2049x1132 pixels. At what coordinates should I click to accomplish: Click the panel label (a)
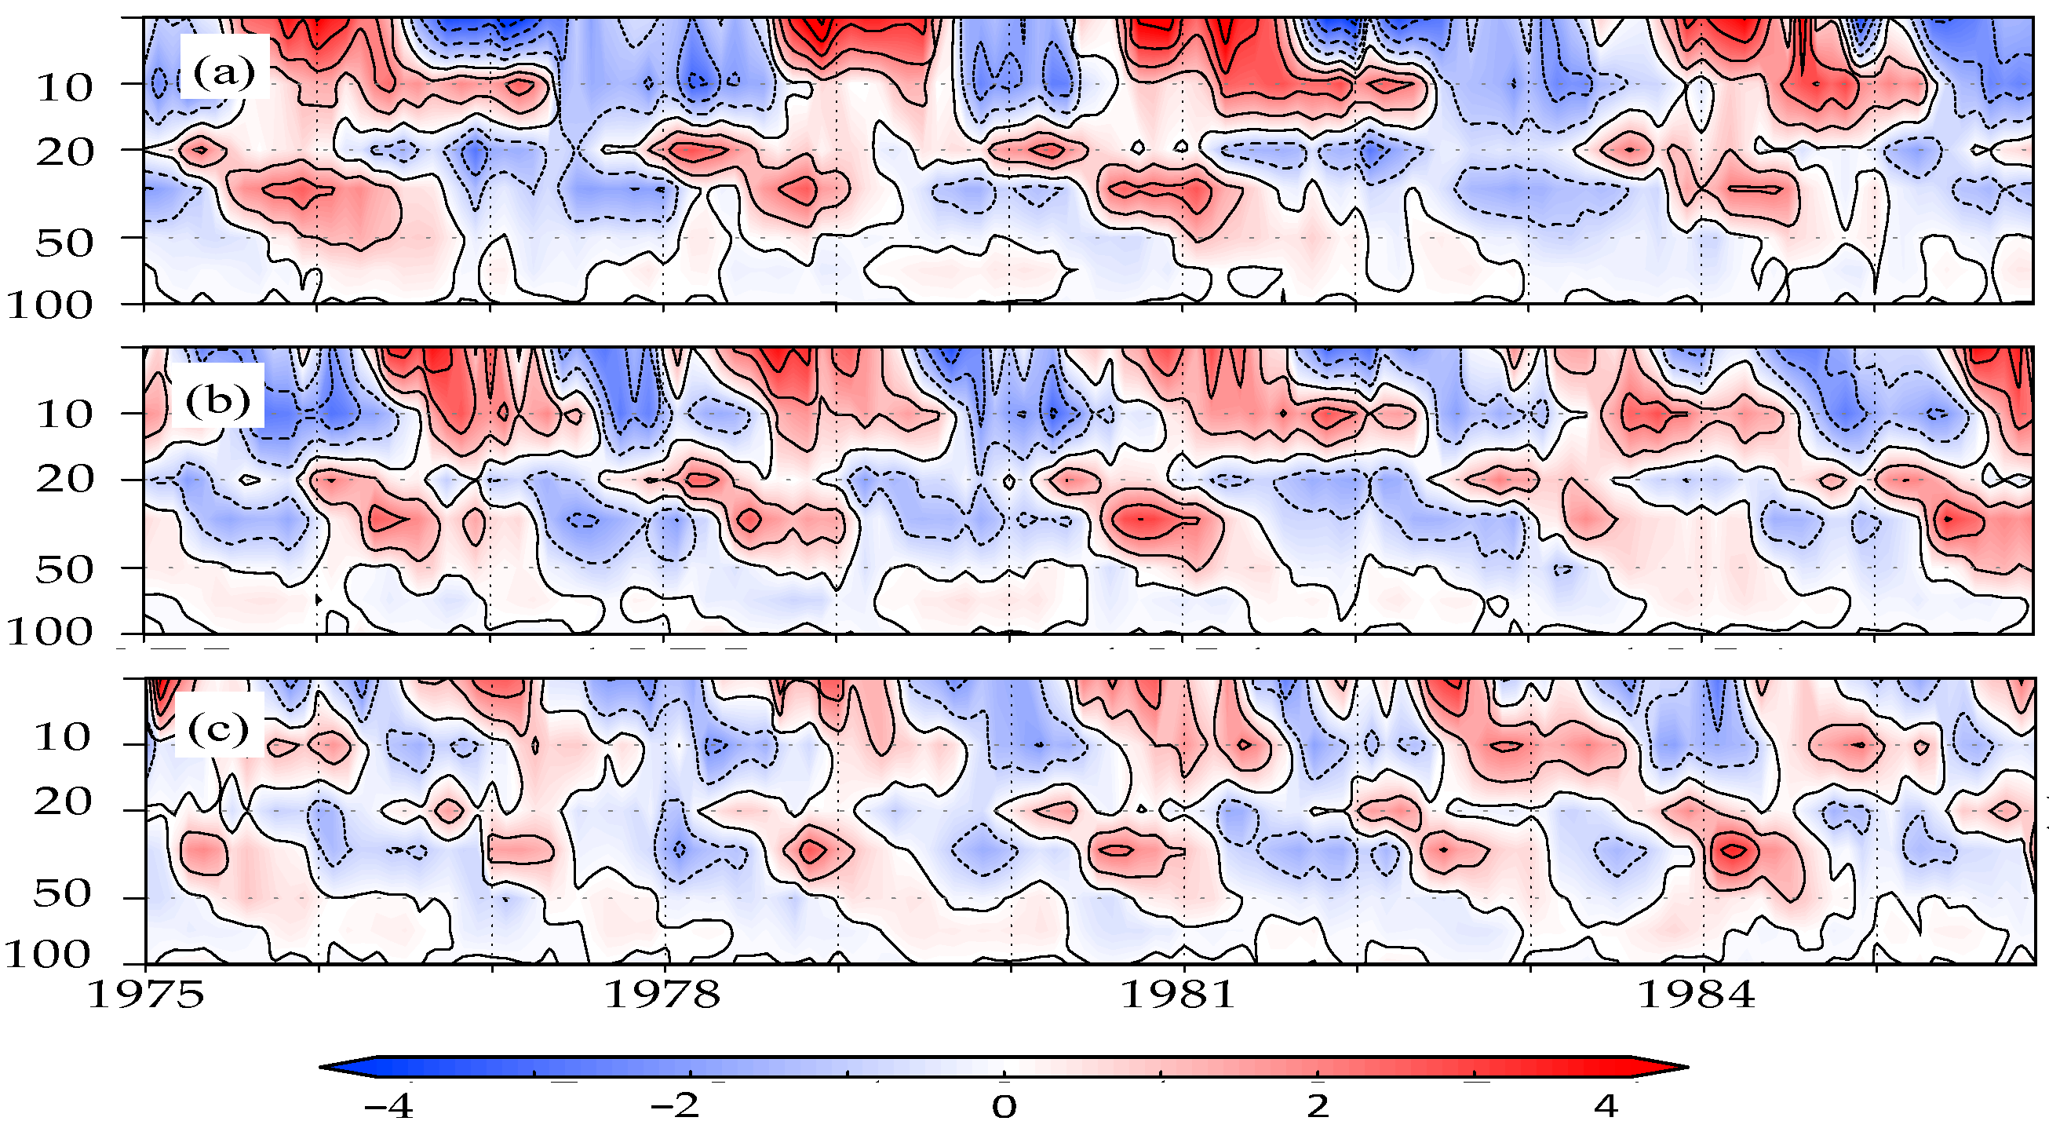point(224,73)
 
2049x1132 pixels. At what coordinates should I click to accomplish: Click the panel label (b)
point(217,401)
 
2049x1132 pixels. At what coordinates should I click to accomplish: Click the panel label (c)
point(217,728)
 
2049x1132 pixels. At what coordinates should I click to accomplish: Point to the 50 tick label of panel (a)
point(64,243)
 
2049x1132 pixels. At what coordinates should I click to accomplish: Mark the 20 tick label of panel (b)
point(64,480)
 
